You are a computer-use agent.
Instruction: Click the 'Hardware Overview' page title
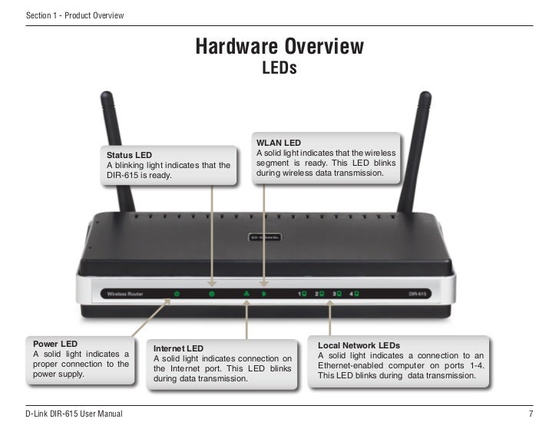coord(279,48)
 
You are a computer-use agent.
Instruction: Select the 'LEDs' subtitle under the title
coord(279,70)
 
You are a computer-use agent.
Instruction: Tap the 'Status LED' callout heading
coord(129,155)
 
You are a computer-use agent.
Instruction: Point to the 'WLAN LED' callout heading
coord(279,143)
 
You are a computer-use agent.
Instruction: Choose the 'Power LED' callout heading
coord(55,343)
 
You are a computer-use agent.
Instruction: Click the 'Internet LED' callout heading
coord(178,348)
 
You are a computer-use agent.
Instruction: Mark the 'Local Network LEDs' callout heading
coord(359,346)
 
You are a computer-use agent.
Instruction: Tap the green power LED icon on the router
coord(177,294)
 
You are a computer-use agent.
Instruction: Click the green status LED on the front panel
coord(212,294)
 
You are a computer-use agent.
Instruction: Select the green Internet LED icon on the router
coord(246,294)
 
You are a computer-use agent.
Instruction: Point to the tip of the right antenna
coord(424,95)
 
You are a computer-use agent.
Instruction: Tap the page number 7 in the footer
coord(531,414)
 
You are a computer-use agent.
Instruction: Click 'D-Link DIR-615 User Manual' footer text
coord(74,414)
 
